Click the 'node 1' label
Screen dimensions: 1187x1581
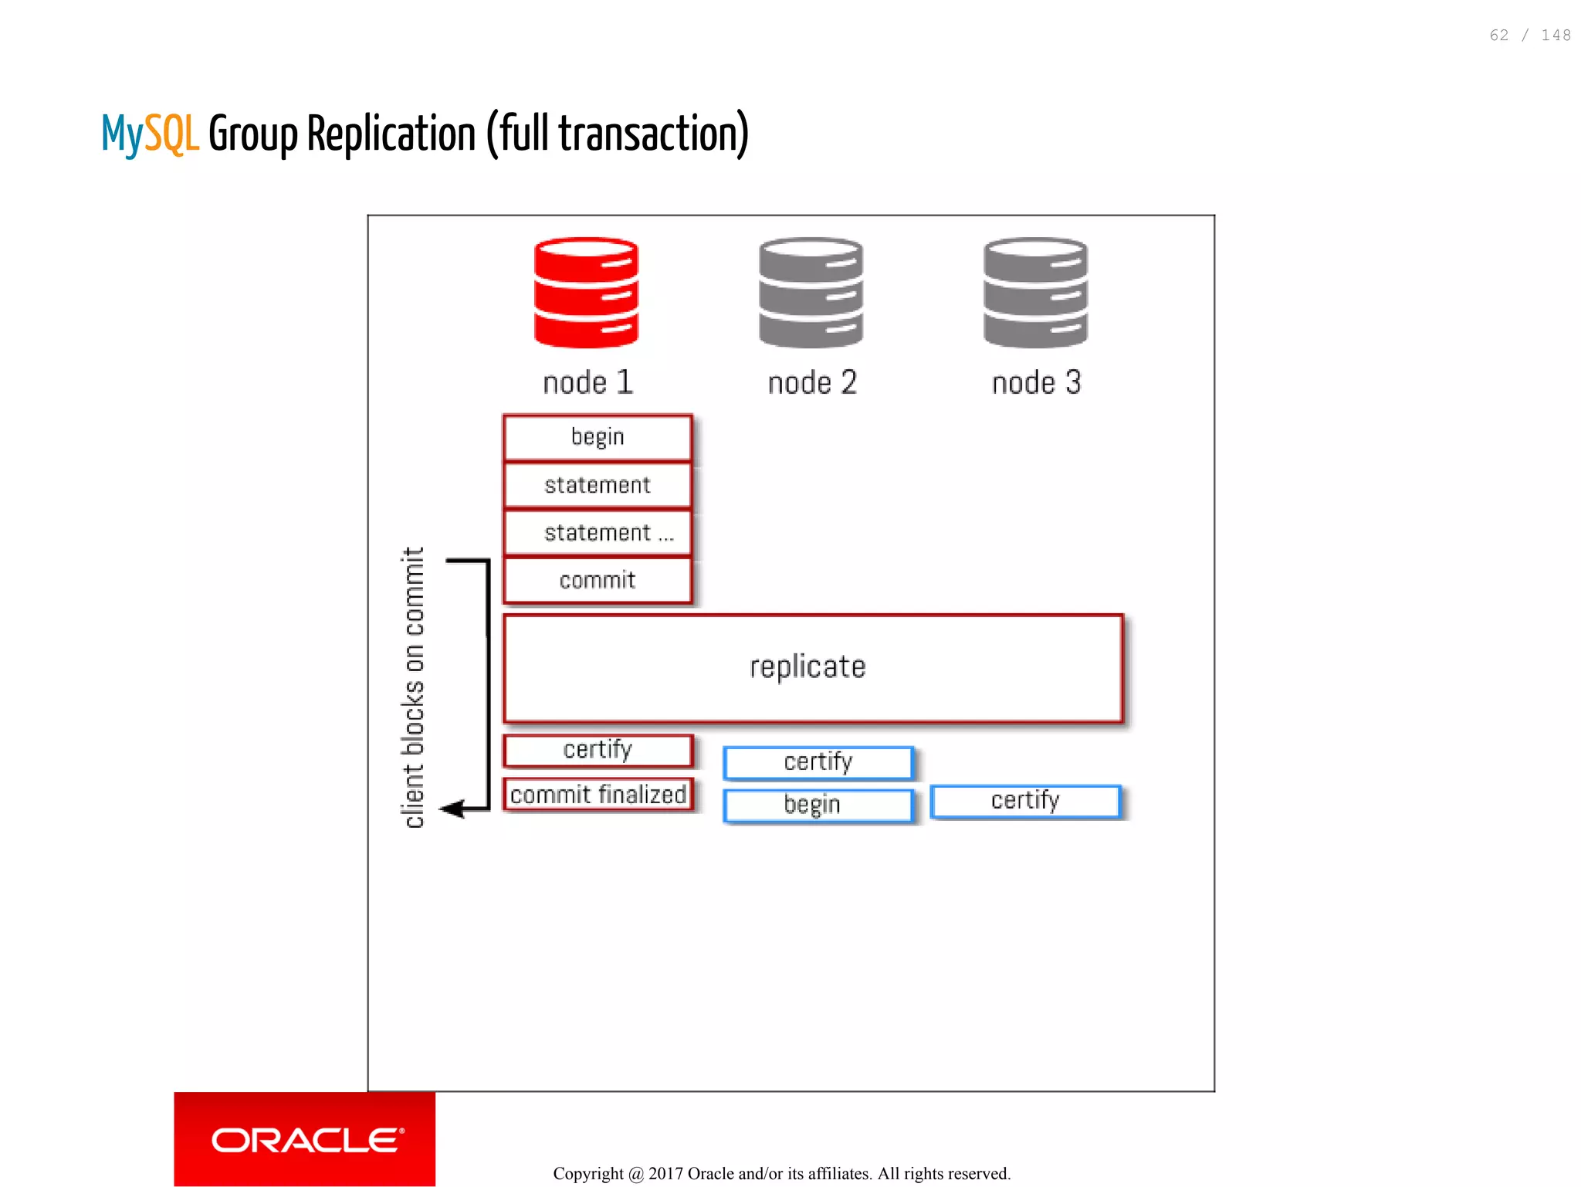(588, 382)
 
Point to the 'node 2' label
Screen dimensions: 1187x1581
(812, 382)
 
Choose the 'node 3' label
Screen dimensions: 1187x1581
(1036, 382)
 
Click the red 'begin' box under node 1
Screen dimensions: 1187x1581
(598, 437)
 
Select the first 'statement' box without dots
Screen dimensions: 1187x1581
(598, 485)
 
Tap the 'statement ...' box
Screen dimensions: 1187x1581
(598, 533)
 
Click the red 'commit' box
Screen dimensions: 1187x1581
(598, 580)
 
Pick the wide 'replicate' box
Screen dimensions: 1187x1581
(813, 667)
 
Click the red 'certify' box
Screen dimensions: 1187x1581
(598, 750)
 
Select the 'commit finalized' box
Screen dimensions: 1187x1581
(598, 794)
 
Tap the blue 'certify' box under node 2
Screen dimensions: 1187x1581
(818, 762)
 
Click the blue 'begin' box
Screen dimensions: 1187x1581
(818, 805)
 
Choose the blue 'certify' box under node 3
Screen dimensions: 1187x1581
(1025, 801)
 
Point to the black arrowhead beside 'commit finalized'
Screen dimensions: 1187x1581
(452, 809)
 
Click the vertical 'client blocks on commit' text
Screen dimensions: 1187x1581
(413, 687)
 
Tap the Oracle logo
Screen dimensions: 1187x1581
(305, 1139)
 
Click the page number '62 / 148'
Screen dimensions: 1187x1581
(1529, 36)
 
